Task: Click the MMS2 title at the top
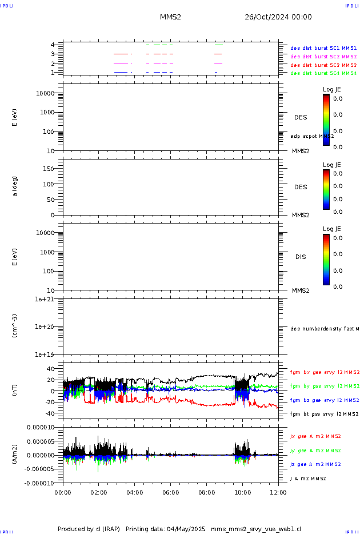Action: point(170,17)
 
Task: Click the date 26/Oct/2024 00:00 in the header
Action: point(278,17)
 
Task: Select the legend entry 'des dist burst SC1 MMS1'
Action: point(323,49)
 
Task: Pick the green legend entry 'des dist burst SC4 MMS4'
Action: point(323,73)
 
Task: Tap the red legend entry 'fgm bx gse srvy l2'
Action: point(324,372)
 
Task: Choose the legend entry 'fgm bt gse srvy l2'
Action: point(324,413)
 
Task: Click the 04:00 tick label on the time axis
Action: point(134,491)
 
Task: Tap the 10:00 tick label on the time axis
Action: point(242,491)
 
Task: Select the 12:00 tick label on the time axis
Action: point(278,491)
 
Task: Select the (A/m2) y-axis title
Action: point(15,455)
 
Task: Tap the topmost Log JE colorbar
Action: point(326,120)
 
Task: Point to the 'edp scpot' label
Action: point(311,136)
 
